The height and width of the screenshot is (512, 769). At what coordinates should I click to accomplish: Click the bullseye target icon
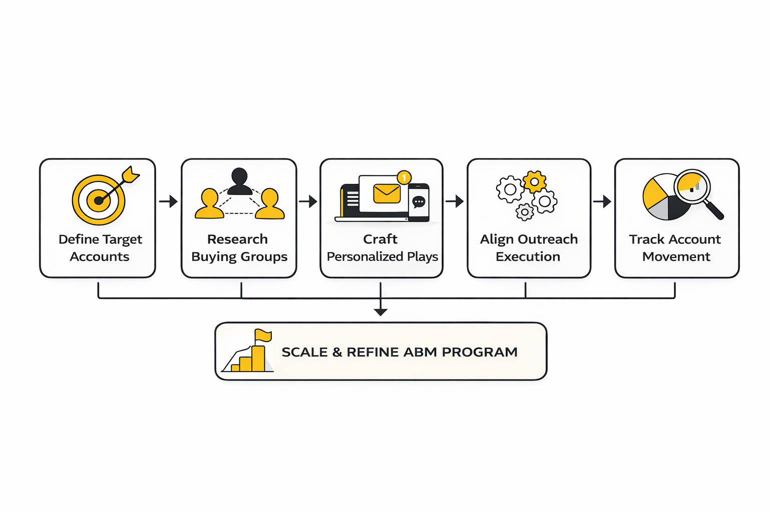[99, 200]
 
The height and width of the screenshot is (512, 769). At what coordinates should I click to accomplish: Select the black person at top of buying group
[239, 181]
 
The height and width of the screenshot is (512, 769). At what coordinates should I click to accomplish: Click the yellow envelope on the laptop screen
[387, 193]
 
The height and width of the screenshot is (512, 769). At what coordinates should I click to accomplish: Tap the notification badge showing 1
[404, 177]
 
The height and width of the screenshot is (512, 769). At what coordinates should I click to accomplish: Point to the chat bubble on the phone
[419, 202]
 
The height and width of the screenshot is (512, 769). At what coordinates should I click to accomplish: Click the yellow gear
[534, 181]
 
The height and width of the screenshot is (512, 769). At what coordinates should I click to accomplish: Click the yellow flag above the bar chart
[263, 335]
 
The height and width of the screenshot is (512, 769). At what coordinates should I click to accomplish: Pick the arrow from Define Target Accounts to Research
[168, 201]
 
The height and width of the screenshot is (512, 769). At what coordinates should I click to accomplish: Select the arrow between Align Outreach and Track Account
[602, 201]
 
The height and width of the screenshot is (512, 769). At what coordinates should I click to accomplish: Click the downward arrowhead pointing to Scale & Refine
[380, 311]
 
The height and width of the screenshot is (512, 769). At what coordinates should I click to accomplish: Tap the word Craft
[380, 239]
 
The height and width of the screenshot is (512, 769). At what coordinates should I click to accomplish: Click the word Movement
[676, 257]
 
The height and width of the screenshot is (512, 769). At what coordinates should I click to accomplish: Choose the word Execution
[528, 257]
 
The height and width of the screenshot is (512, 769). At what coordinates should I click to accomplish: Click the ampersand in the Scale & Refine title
[337, 352]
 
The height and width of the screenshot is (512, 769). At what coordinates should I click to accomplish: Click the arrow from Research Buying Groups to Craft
[308, 201]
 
